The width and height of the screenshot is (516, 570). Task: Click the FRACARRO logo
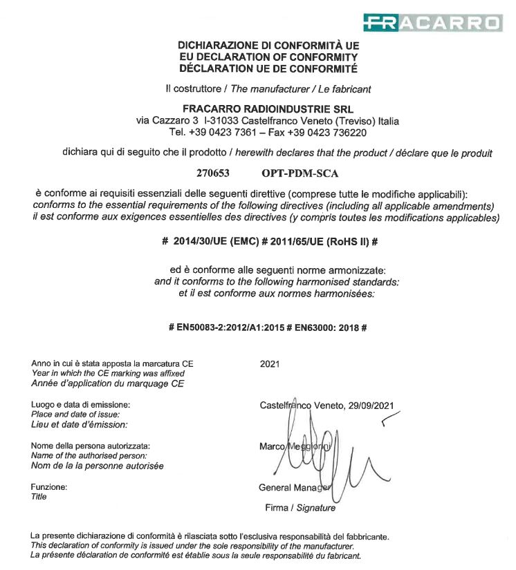[432, 23]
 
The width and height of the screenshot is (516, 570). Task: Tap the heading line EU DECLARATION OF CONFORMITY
[268, 57]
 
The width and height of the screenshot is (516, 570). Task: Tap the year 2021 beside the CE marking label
[270, 363]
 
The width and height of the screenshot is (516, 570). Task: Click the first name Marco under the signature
[271, 446]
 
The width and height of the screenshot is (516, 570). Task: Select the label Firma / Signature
[300, 508]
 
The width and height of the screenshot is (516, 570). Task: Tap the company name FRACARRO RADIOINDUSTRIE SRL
[268, 108]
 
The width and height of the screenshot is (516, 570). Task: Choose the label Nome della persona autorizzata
[91, 446]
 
